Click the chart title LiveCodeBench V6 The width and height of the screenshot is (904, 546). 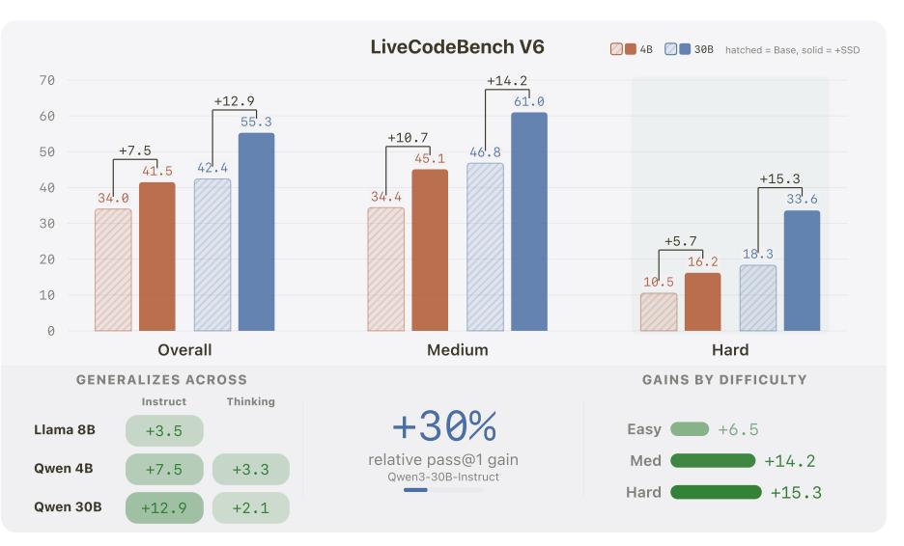click(x=457, y=47)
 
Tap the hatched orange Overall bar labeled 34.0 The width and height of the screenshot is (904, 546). click(x=113, y=270)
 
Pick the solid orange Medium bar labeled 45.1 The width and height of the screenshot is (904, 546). click(x=430, y=250)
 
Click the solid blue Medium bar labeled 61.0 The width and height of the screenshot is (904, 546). click(x=528, y=222)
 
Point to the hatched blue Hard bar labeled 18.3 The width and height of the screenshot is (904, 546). click(x=758, y=298)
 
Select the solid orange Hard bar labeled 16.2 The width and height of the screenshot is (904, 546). click(x=702, y=302)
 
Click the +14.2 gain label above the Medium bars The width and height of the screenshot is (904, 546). click(x=507, y=81)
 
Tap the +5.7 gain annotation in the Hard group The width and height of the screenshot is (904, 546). click(x=680, y=241)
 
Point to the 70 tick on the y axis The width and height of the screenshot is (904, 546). click(x=46, y=80)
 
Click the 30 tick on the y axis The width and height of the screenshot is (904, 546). click(x=46, y=224)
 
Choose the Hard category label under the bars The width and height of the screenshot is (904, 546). click(x=729, y=350)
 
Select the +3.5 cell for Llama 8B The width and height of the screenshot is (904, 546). click(x=164, y=431)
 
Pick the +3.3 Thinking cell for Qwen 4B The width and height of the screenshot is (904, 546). click(x=250, y=470)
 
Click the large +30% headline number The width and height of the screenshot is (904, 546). click(x=443, y=425)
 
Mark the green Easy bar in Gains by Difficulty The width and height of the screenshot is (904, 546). click(x=689, y=429)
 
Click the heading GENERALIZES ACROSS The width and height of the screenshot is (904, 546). click(x=161, y=380)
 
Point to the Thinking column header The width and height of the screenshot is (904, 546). click(x=250, y=401)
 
